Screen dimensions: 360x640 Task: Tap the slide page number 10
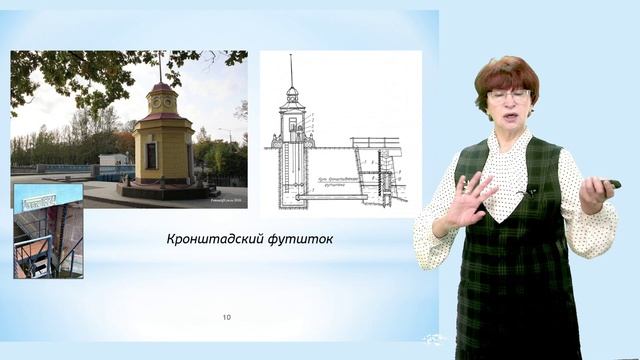click(227, 318)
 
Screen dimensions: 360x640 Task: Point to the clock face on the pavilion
click(161, 102)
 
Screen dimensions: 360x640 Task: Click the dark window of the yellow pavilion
click(151, 155)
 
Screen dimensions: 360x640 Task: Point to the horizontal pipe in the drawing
click(330, 197)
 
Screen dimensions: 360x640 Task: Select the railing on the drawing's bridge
click(376, 142)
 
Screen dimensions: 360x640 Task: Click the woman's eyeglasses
click(509, 95)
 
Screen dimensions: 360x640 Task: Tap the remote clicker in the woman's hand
click(607, 184)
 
